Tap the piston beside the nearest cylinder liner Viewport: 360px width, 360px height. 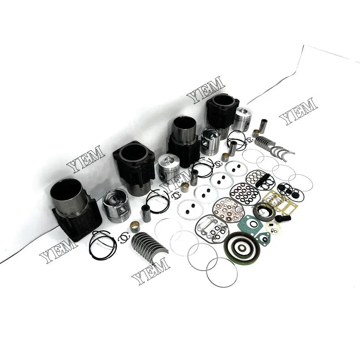[116, 206]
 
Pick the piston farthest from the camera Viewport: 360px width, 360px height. [242, 118]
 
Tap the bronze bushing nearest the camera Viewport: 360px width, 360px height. [135, 226]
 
